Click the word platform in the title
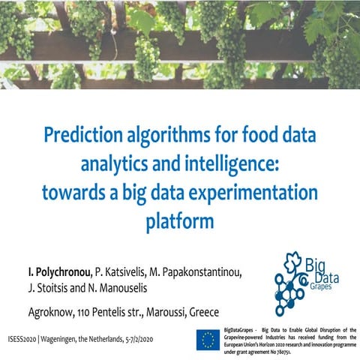coord(180,221)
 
